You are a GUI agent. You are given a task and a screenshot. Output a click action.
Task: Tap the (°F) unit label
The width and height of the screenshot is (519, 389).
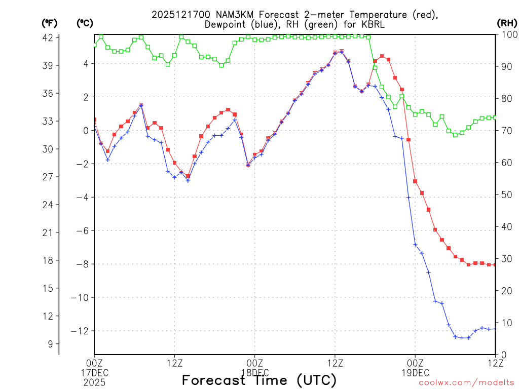(x=49, y=23)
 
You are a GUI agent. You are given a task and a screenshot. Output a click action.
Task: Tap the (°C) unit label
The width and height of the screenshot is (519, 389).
(x=85, y=23)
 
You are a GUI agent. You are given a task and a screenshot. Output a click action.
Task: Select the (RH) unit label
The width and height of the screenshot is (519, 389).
(x=507, y=23)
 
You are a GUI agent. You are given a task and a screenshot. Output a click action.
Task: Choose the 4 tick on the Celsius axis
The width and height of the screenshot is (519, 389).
(x=86, y=63)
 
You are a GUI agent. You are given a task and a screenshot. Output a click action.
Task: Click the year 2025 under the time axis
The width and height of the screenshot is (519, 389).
(x=94, y=380)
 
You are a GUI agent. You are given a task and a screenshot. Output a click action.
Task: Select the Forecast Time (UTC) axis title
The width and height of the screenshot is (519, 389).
(x=259, y=380)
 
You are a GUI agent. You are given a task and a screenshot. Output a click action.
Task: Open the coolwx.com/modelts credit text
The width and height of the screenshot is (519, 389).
(x=466, y=382)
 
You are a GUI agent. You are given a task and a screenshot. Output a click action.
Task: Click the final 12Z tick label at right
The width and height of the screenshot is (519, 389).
(x=495, y=362)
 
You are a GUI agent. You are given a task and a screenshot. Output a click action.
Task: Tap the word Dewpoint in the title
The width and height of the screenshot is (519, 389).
(x=228, y=25)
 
